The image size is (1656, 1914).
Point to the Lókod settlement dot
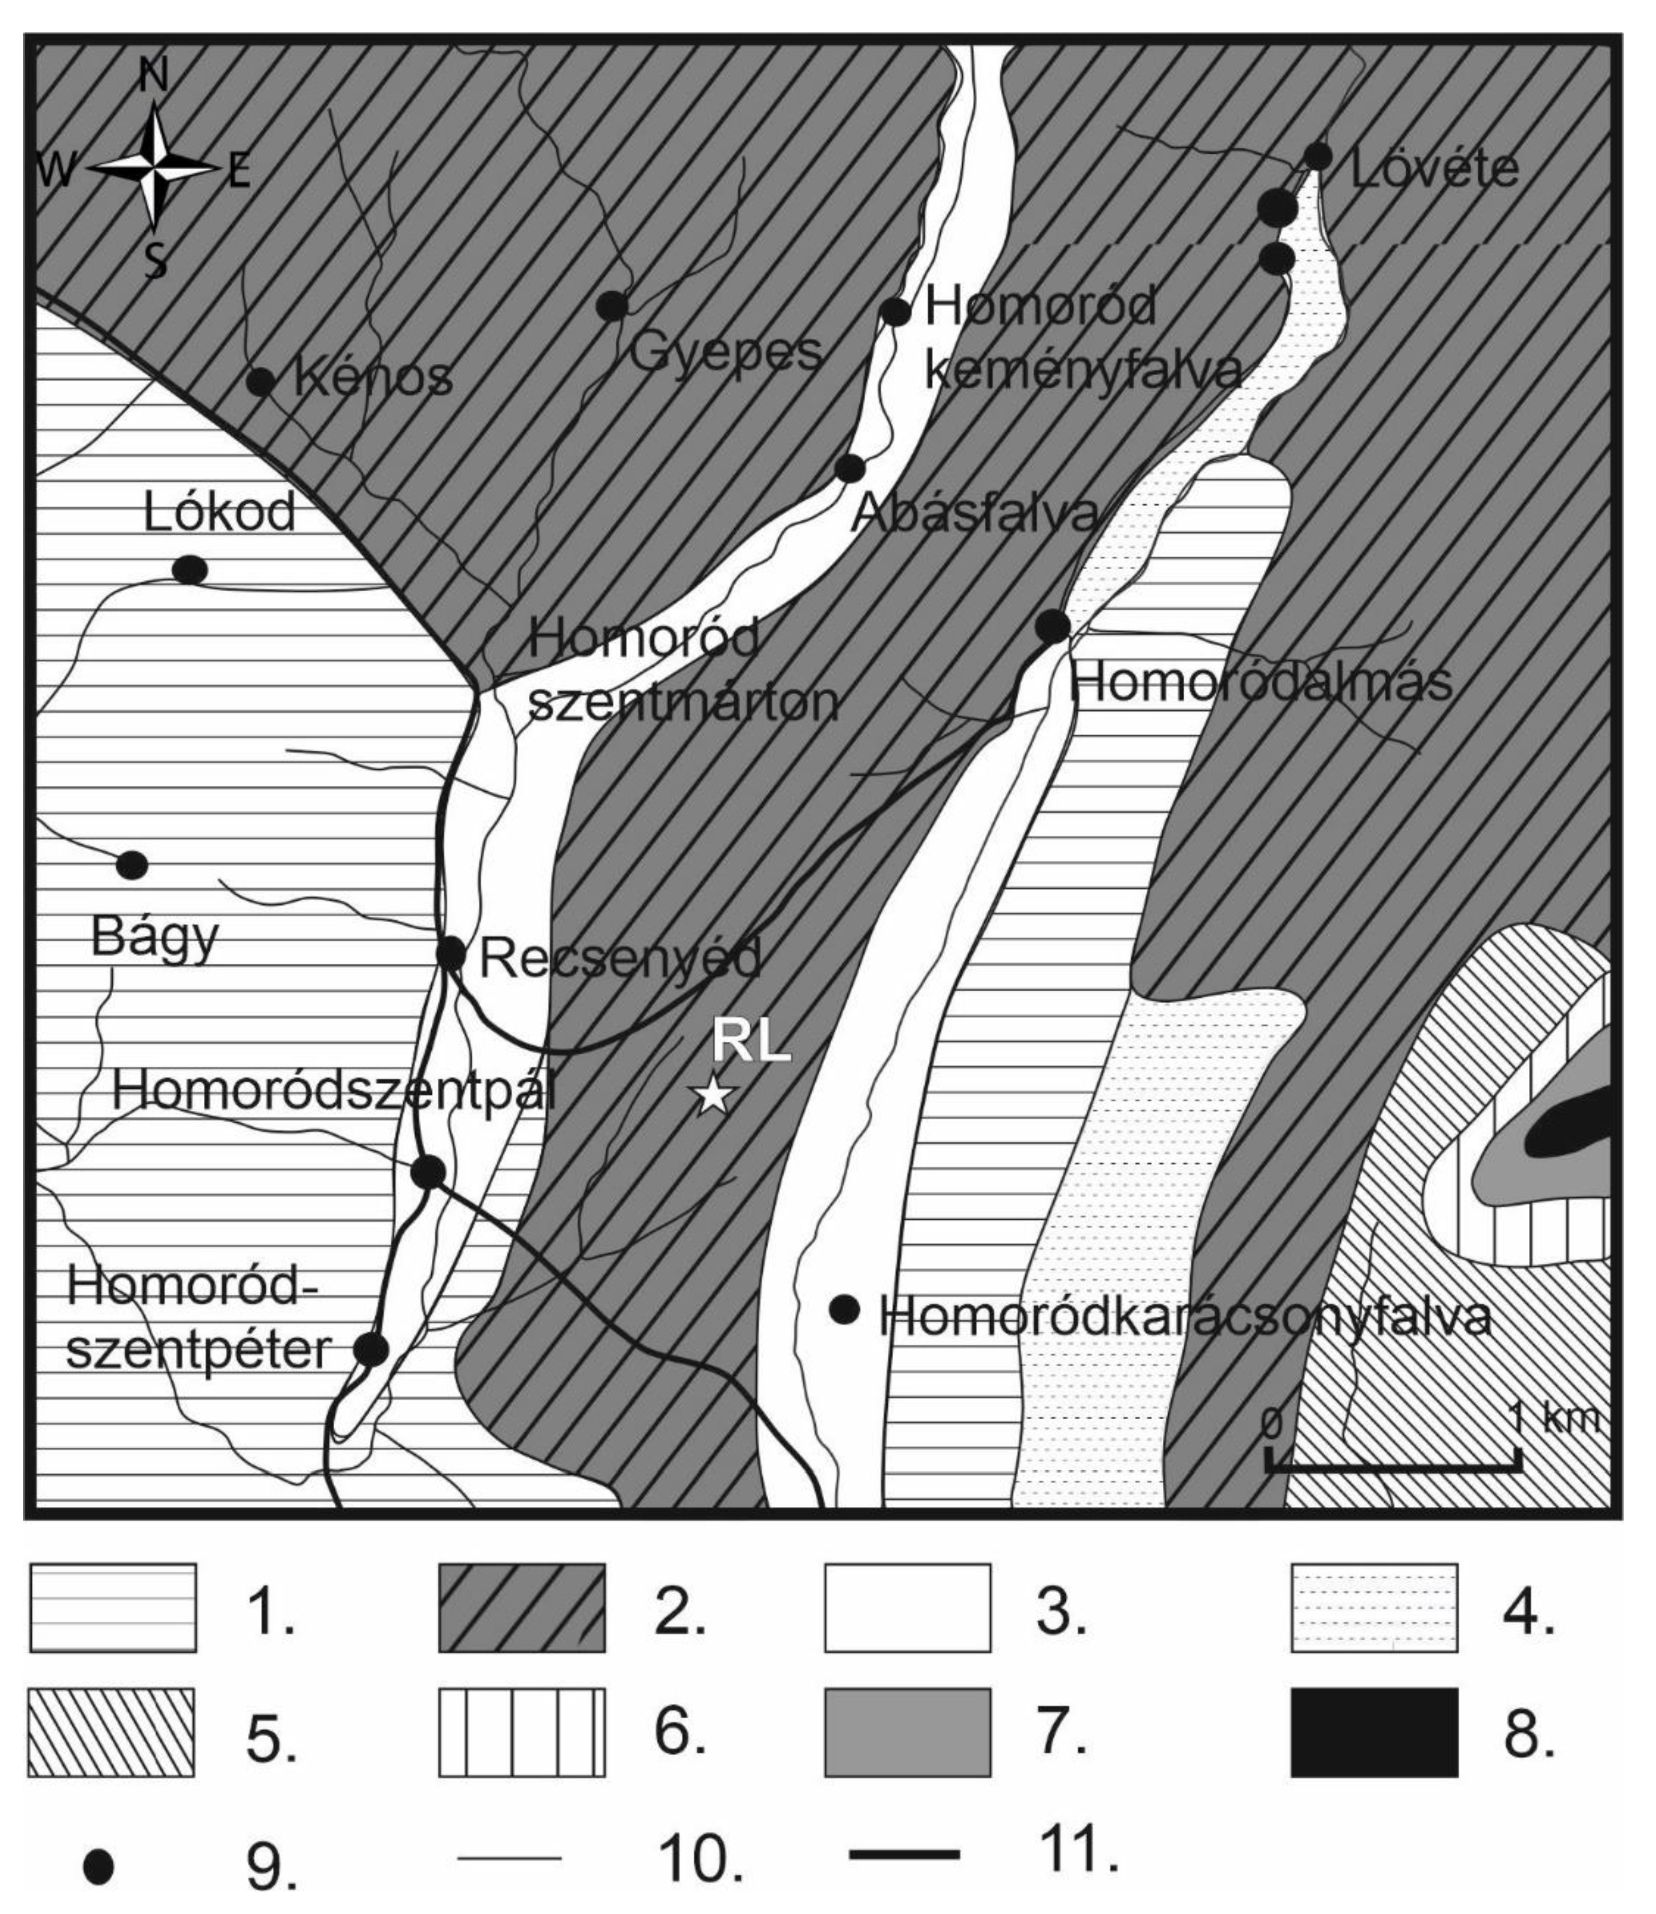(x=189, y=570)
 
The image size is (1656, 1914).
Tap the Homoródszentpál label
(x=334, y=1093)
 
